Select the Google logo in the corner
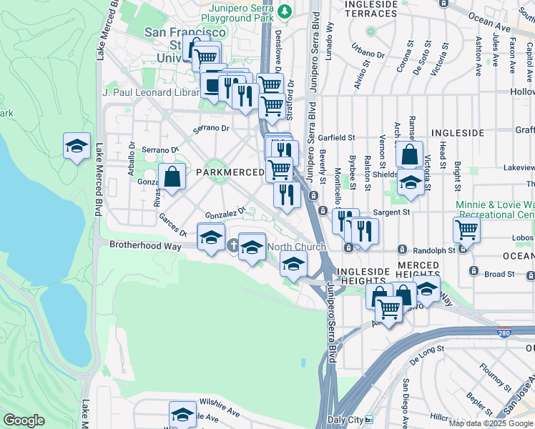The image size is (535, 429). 24,420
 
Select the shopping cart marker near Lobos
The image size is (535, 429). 466,230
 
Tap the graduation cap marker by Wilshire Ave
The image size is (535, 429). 182,414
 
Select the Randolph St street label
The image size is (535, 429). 433,250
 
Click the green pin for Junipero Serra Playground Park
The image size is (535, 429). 285,11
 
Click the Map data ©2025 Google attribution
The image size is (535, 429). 491,423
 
